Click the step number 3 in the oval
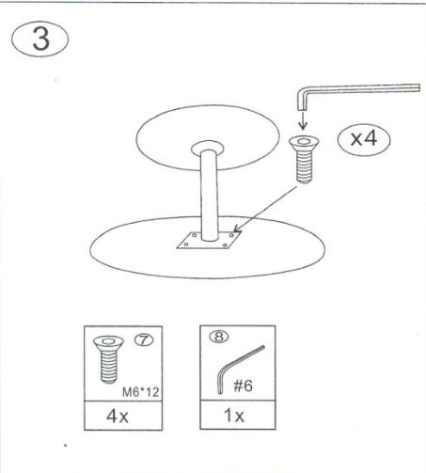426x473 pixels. pyautogui.click(x=40, y=39)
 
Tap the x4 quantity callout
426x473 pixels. pyautogui.click(x=364, y=139)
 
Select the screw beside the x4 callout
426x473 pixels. pyautogui.click(x=304, y=160)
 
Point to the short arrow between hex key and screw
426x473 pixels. pyautogui.click(x=303, y=121)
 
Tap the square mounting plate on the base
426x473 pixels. pyautogui.click(x=209, y=241)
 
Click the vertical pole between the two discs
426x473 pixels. pyautogui.click(x=209, y=196)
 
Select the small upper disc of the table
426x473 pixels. pyautogui.click(x=208, y=137)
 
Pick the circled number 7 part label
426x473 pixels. pyautogui.click(x=144, y=339)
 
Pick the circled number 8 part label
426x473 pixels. pyautogui.click(x=219, y=337)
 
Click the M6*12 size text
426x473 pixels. pyautogui.click(x=140, y=392)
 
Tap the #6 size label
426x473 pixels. pyautogui.click(x=243, y=386)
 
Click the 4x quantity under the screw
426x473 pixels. pyautogui.click(x=118, y=417)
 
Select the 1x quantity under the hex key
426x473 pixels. pyautogui.click(x=233, y=416)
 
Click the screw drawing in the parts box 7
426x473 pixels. pyautogui.click(x=109, y=359)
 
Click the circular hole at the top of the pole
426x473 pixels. pyautogui.click(x=208, y=148)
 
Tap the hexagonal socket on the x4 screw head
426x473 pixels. pyautogui.click(x=303, y=141)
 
